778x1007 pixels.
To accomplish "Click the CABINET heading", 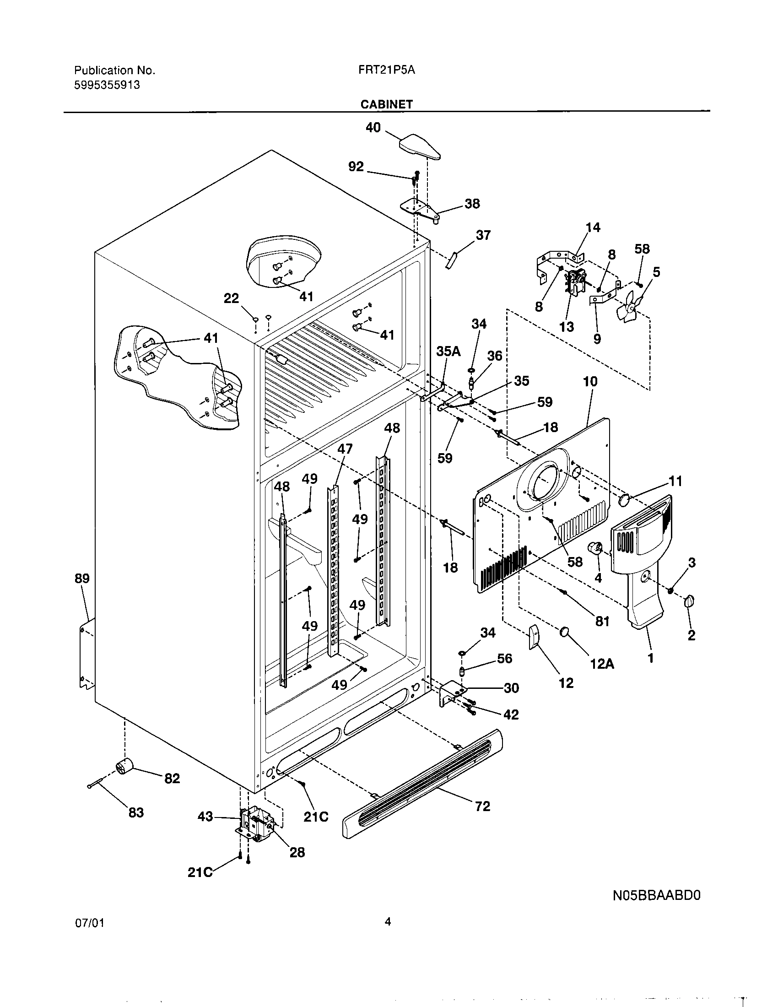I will (386, 104).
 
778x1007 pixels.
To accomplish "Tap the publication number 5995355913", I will (107, 85).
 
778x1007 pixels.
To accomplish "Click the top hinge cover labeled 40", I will (418, 146).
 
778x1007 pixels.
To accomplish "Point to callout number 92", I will (356, 167).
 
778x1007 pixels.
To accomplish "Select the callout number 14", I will (593, 227).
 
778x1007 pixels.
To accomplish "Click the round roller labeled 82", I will (124, 766).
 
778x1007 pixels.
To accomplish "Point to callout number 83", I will (136, 812).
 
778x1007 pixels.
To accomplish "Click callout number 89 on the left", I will (82, 579).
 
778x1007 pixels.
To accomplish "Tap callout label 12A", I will (602, 664).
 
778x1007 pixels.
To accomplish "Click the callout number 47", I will (345, 449).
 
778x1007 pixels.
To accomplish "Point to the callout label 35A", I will (448, 352).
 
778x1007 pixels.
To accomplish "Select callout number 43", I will (205, 817).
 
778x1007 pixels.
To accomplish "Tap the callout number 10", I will (590, 382).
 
